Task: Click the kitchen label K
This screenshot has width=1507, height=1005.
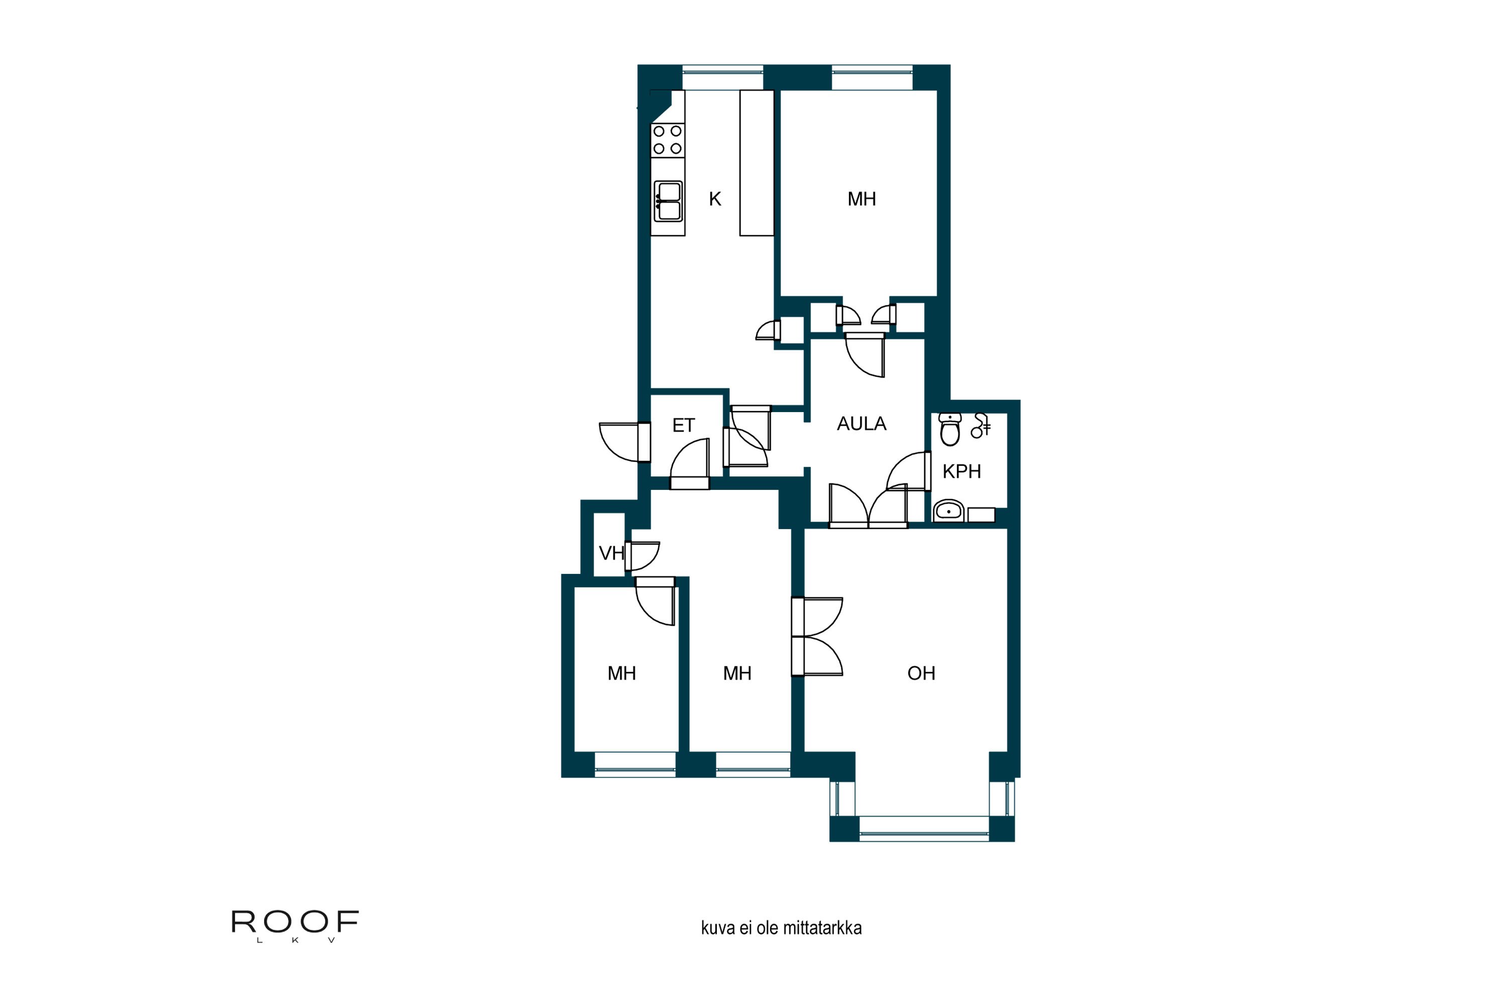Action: point(715,199)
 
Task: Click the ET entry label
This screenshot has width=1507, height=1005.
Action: point(683,426)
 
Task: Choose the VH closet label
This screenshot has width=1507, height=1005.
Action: point(611,553)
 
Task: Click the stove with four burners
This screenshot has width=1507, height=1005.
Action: point(668,140)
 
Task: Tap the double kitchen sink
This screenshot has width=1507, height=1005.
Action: point(668,202)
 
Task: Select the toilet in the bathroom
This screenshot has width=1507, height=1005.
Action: point(949,430)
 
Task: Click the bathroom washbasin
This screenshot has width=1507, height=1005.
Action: point(948,511)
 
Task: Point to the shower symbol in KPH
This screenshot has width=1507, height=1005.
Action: point(981,426)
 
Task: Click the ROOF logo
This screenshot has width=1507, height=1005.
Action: point(295,926)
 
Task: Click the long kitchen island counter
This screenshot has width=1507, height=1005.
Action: point(757,163)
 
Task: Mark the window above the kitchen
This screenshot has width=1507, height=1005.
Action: point(723,77)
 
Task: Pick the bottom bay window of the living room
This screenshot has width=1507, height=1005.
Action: point(923,829)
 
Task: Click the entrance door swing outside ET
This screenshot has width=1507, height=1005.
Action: point(618,442)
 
